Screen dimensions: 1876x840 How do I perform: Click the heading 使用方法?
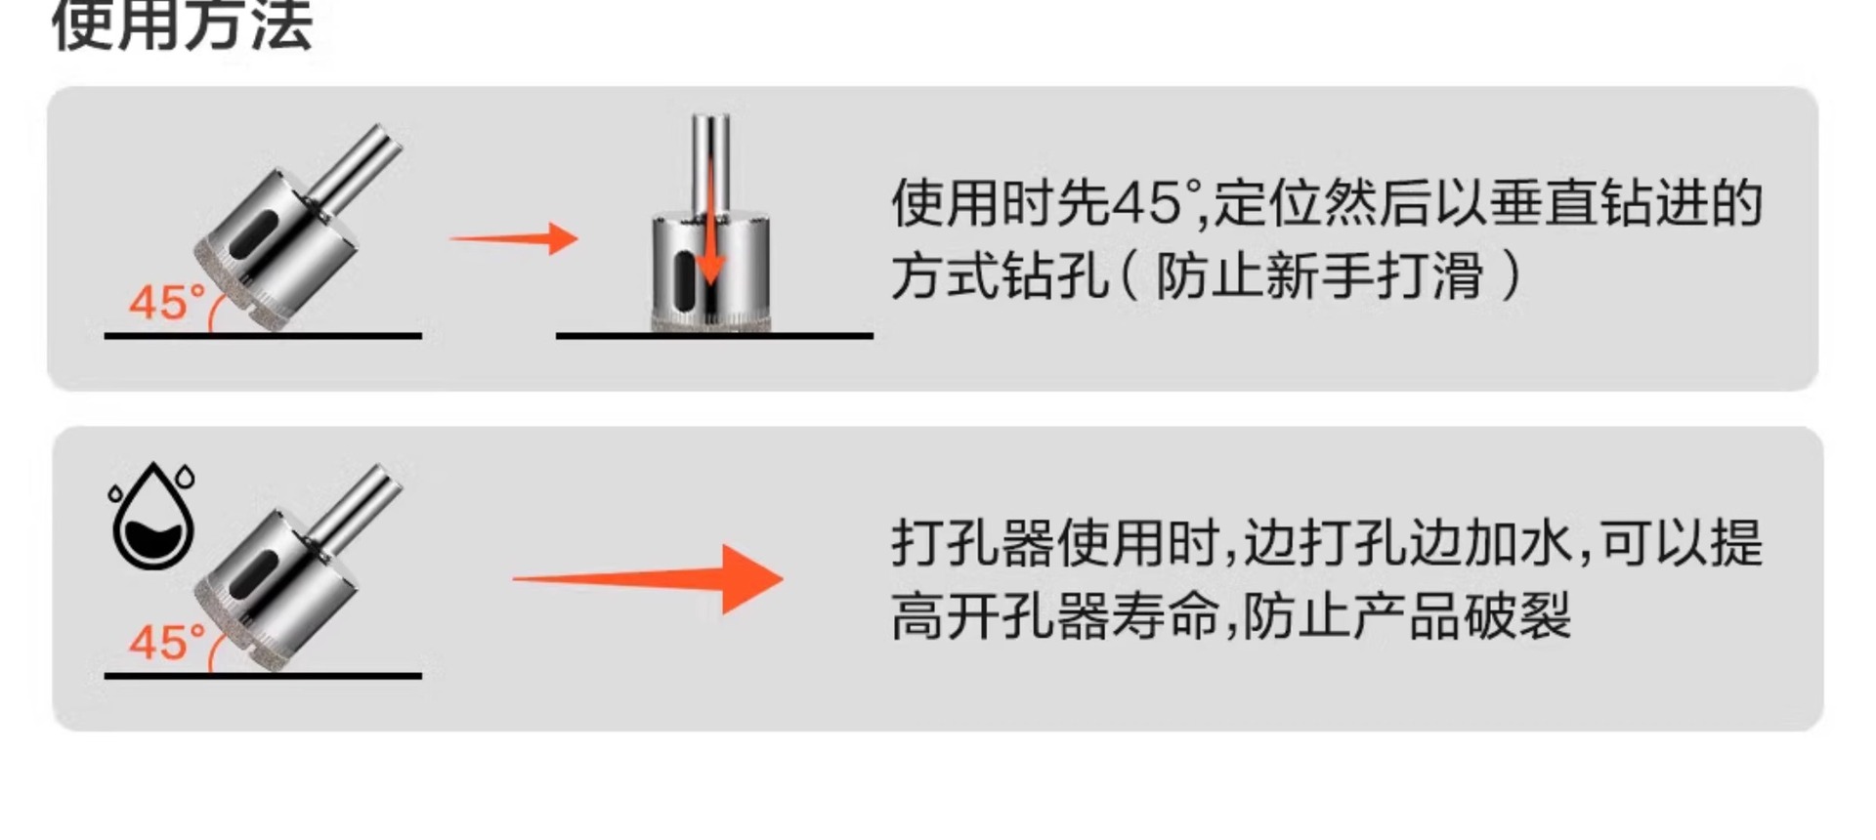pos(182,25)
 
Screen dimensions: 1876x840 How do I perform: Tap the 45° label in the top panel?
pos(166,303)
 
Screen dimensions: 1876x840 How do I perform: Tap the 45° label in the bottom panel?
pos(166,643)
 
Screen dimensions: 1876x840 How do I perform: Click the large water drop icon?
pos(153,520)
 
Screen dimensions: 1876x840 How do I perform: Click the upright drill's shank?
pos(710,161)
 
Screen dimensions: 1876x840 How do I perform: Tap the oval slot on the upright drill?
pos(687,279)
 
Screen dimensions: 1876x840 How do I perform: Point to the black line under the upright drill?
pos(714,336)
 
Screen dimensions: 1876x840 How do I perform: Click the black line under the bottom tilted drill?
pos(263,675)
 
